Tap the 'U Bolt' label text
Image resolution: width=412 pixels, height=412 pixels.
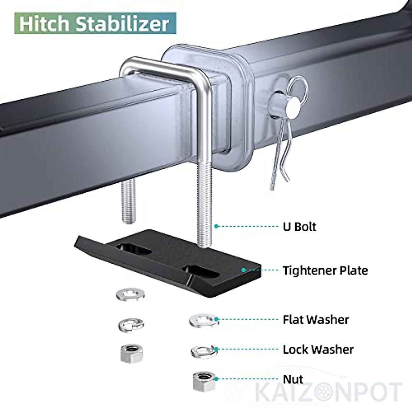coord(299,226)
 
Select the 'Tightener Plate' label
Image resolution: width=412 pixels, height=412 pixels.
coord(325,270)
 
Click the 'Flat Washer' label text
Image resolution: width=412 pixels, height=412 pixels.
coord(316,320)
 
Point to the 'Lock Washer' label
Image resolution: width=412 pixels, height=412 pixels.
coord(318,350)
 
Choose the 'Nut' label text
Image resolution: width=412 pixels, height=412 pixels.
coord(293,379)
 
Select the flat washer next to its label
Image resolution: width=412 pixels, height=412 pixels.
coord(204,320)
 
